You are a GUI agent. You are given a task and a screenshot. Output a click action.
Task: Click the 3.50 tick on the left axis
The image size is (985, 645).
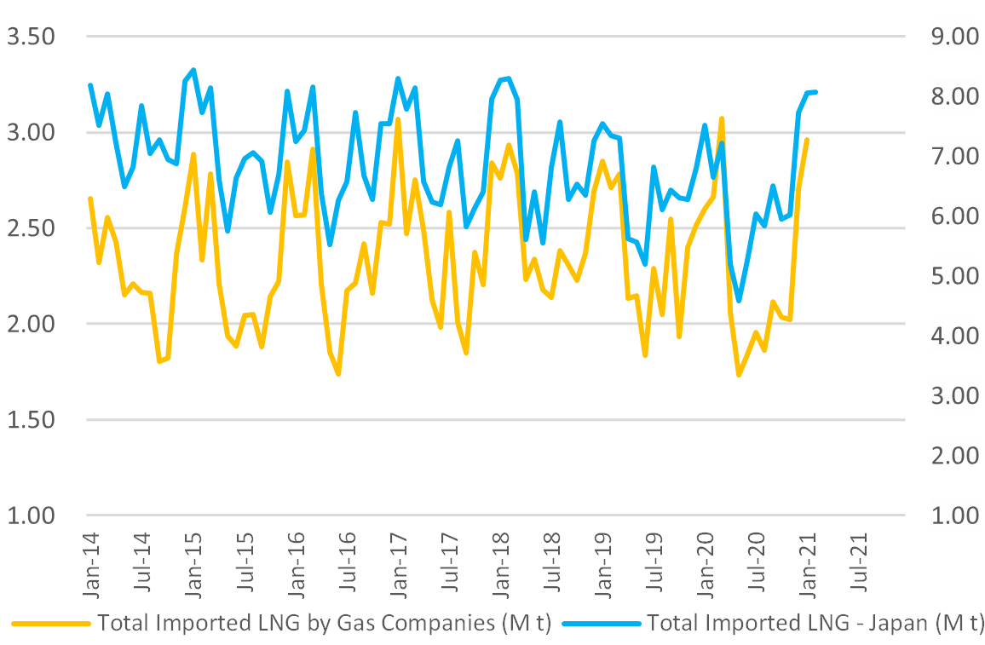(31, 37)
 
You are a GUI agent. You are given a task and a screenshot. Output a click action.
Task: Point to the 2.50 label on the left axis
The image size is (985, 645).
(31, 228)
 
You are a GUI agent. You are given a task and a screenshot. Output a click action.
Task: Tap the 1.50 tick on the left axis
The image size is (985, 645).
(31, 420)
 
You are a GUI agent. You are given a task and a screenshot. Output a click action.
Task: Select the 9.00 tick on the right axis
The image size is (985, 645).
(953, 37)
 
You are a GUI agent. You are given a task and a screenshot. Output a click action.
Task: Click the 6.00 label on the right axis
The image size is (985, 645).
(953, 216)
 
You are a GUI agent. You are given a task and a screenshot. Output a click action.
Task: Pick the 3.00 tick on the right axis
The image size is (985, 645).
(953, 395)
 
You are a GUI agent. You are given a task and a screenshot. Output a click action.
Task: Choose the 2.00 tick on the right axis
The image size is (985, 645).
(953, 455)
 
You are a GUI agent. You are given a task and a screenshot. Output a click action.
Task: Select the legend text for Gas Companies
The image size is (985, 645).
(325, 624)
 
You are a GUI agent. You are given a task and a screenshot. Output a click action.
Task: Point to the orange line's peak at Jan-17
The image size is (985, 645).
(398, 119)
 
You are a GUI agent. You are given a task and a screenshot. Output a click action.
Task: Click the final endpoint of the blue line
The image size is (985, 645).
(815, 91)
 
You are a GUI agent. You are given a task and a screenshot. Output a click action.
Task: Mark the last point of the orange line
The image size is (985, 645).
(806, 139)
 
